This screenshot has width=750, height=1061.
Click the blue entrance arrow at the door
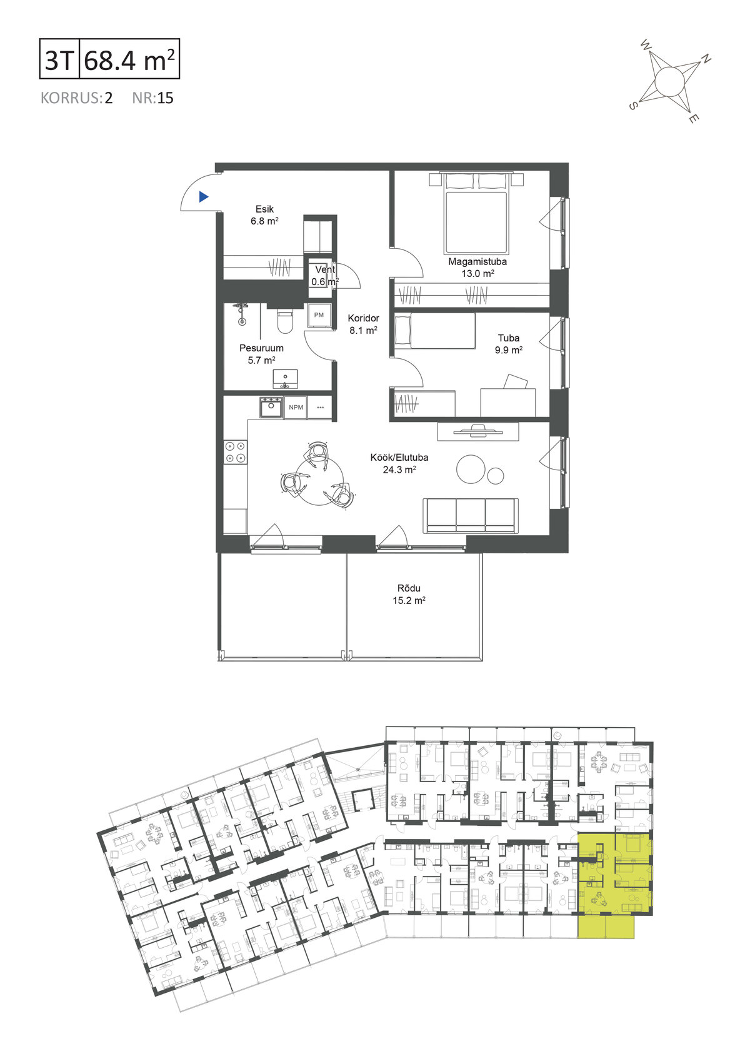click(203, 196)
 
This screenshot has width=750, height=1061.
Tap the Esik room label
click(264, 209)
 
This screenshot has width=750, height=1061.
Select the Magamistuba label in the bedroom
click(477, 261)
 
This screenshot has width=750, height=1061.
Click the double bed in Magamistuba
click(477, 213)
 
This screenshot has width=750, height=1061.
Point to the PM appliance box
click(319, 315)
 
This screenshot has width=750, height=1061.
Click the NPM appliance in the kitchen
click(296, 408)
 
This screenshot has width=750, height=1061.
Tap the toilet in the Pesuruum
click(286, 320)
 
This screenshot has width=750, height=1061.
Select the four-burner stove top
click(236, 451)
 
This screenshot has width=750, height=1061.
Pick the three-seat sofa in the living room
click(471, 516)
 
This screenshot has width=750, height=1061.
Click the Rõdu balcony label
click(409, 588)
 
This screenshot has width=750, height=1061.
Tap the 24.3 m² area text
click(399, 470)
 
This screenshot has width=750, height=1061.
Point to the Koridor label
click(363, 318)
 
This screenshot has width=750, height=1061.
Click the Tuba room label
click(509, 338)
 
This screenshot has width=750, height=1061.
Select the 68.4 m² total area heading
click(129, 60)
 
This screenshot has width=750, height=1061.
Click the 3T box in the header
click(59, 59)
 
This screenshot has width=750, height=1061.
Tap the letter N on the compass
click(706, 59)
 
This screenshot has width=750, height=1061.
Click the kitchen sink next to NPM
click(271, 408)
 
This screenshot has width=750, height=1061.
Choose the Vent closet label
click(325, 269)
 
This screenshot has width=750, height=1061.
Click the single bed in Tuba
click(434, 331)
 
